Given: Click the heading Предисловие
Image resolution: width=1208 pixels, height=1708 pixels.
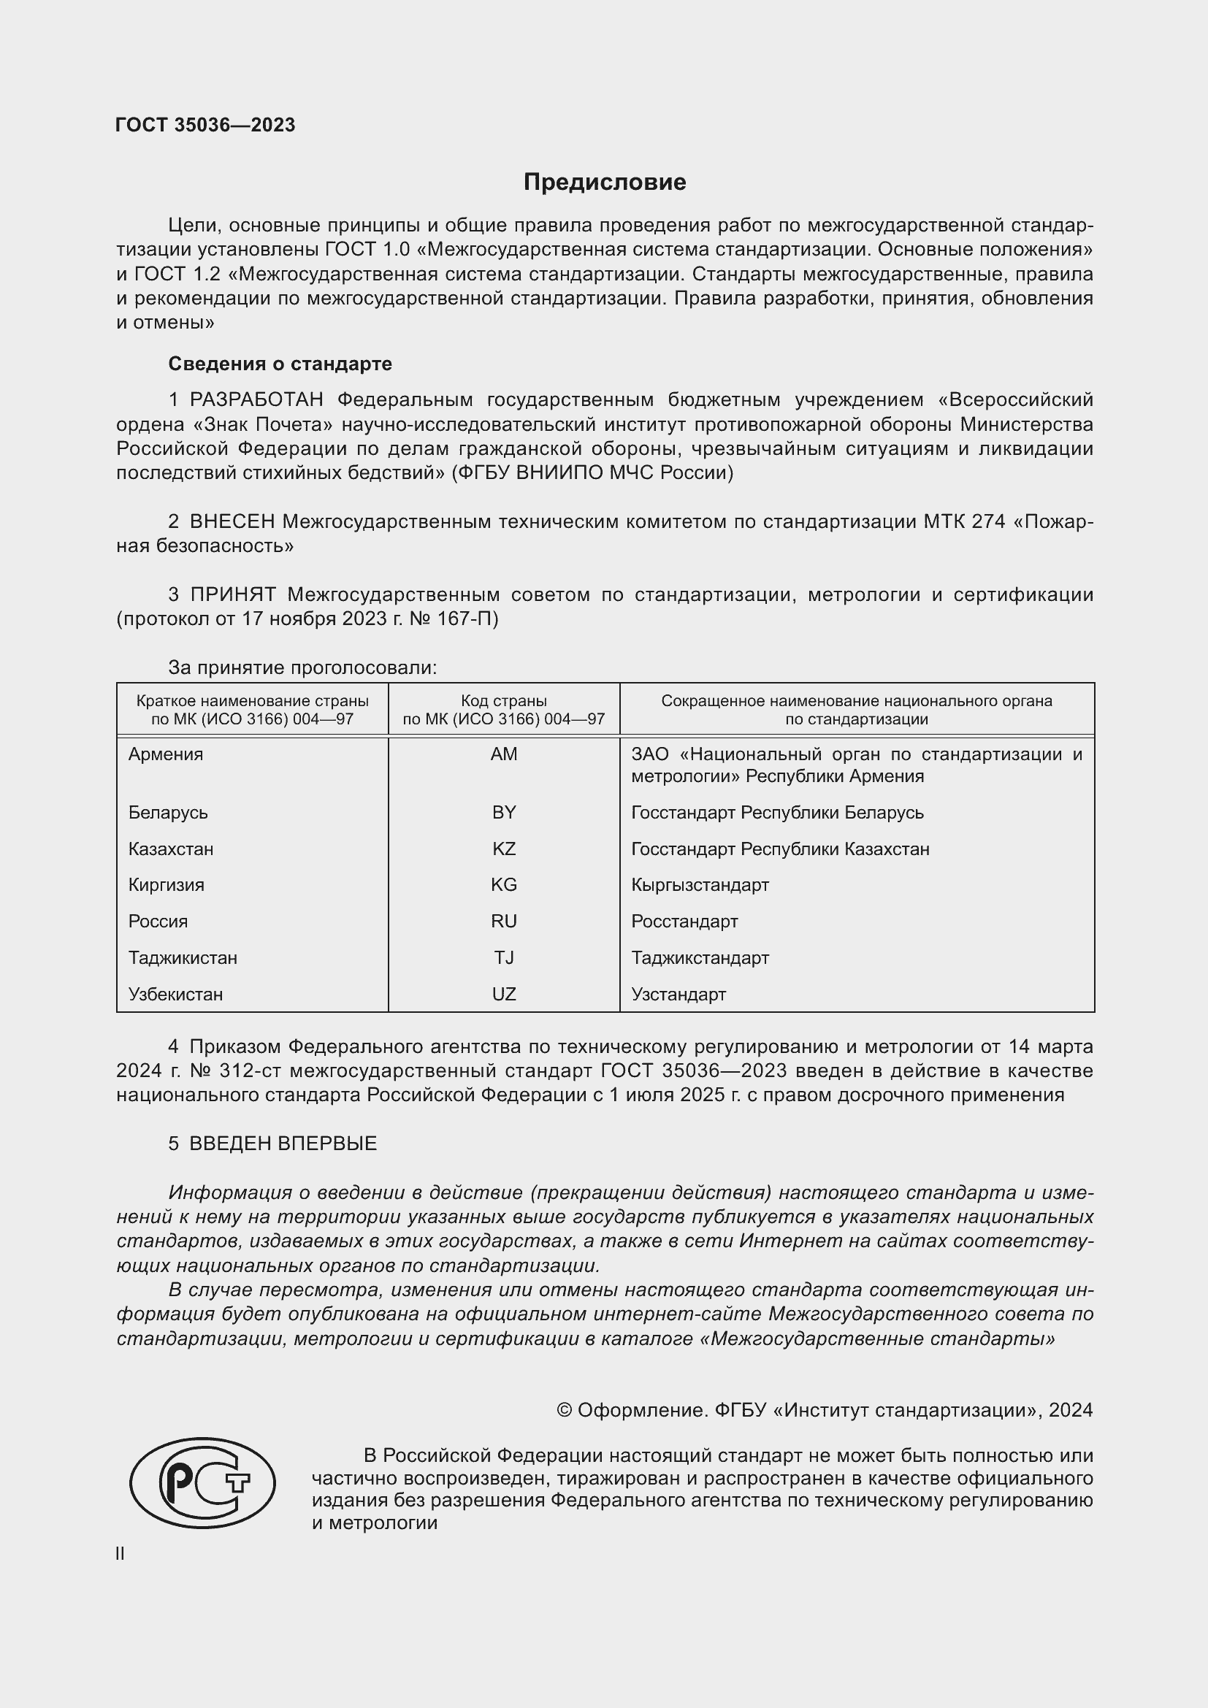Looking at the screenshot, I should [x=604, y=183].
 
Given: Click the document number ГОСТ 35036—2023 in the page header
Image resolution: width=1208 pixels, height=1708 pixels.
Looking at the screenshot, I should [x=205, y=125].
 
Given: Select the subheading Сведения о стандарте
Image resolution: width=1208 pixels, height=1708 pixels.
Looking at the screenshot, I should [x=280, y=364].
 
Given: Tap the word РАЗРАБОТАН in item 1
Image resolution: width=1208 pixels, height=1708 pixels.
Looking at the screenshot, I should [x=256, y=400].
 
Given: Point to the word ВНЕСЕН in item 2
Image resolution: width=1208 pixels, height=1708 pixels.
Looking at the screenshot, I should [x=232, y=521].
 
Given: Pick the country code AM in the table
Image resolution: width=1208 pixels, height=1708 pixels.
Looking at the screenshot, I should [x=504, y=754].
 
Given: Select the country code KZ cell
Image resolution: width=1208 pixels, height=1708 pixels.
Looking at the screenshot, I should [x=504, y=849].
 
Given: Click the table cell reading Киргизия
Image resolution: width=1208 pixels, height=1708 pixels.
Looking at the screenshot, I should [x=166, y=885].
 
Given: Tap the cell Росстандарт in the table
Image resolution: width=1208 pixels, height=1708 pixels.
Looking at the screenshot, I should [x=684, y=922].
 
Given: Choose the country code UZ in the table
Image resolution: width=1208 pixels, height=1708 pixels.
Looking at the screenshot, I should [x=504, y=995].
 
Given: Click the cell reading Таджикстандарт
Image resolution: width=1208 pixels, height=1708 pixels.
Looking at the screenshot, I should [x=700, y=958].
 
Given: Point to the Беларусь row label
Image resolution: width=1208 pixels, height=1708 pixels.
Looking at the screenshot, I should [x=168, y=812].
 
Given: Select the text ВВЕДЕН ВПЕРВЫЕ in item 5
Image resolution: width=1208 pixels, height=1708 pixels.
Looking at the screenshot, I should [x=283, y=1144].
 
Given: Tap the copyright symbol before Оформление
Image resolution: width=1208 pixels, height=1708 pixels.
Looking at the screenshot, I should [x=565, y=1409].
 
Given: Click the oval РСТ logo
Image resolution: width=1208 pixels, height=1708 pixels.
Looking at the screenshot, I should [x=202, y=1482].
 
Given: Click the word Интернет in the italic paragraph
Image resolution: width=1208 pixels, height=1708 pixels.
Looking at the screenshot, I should [x=788, y=1241].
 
